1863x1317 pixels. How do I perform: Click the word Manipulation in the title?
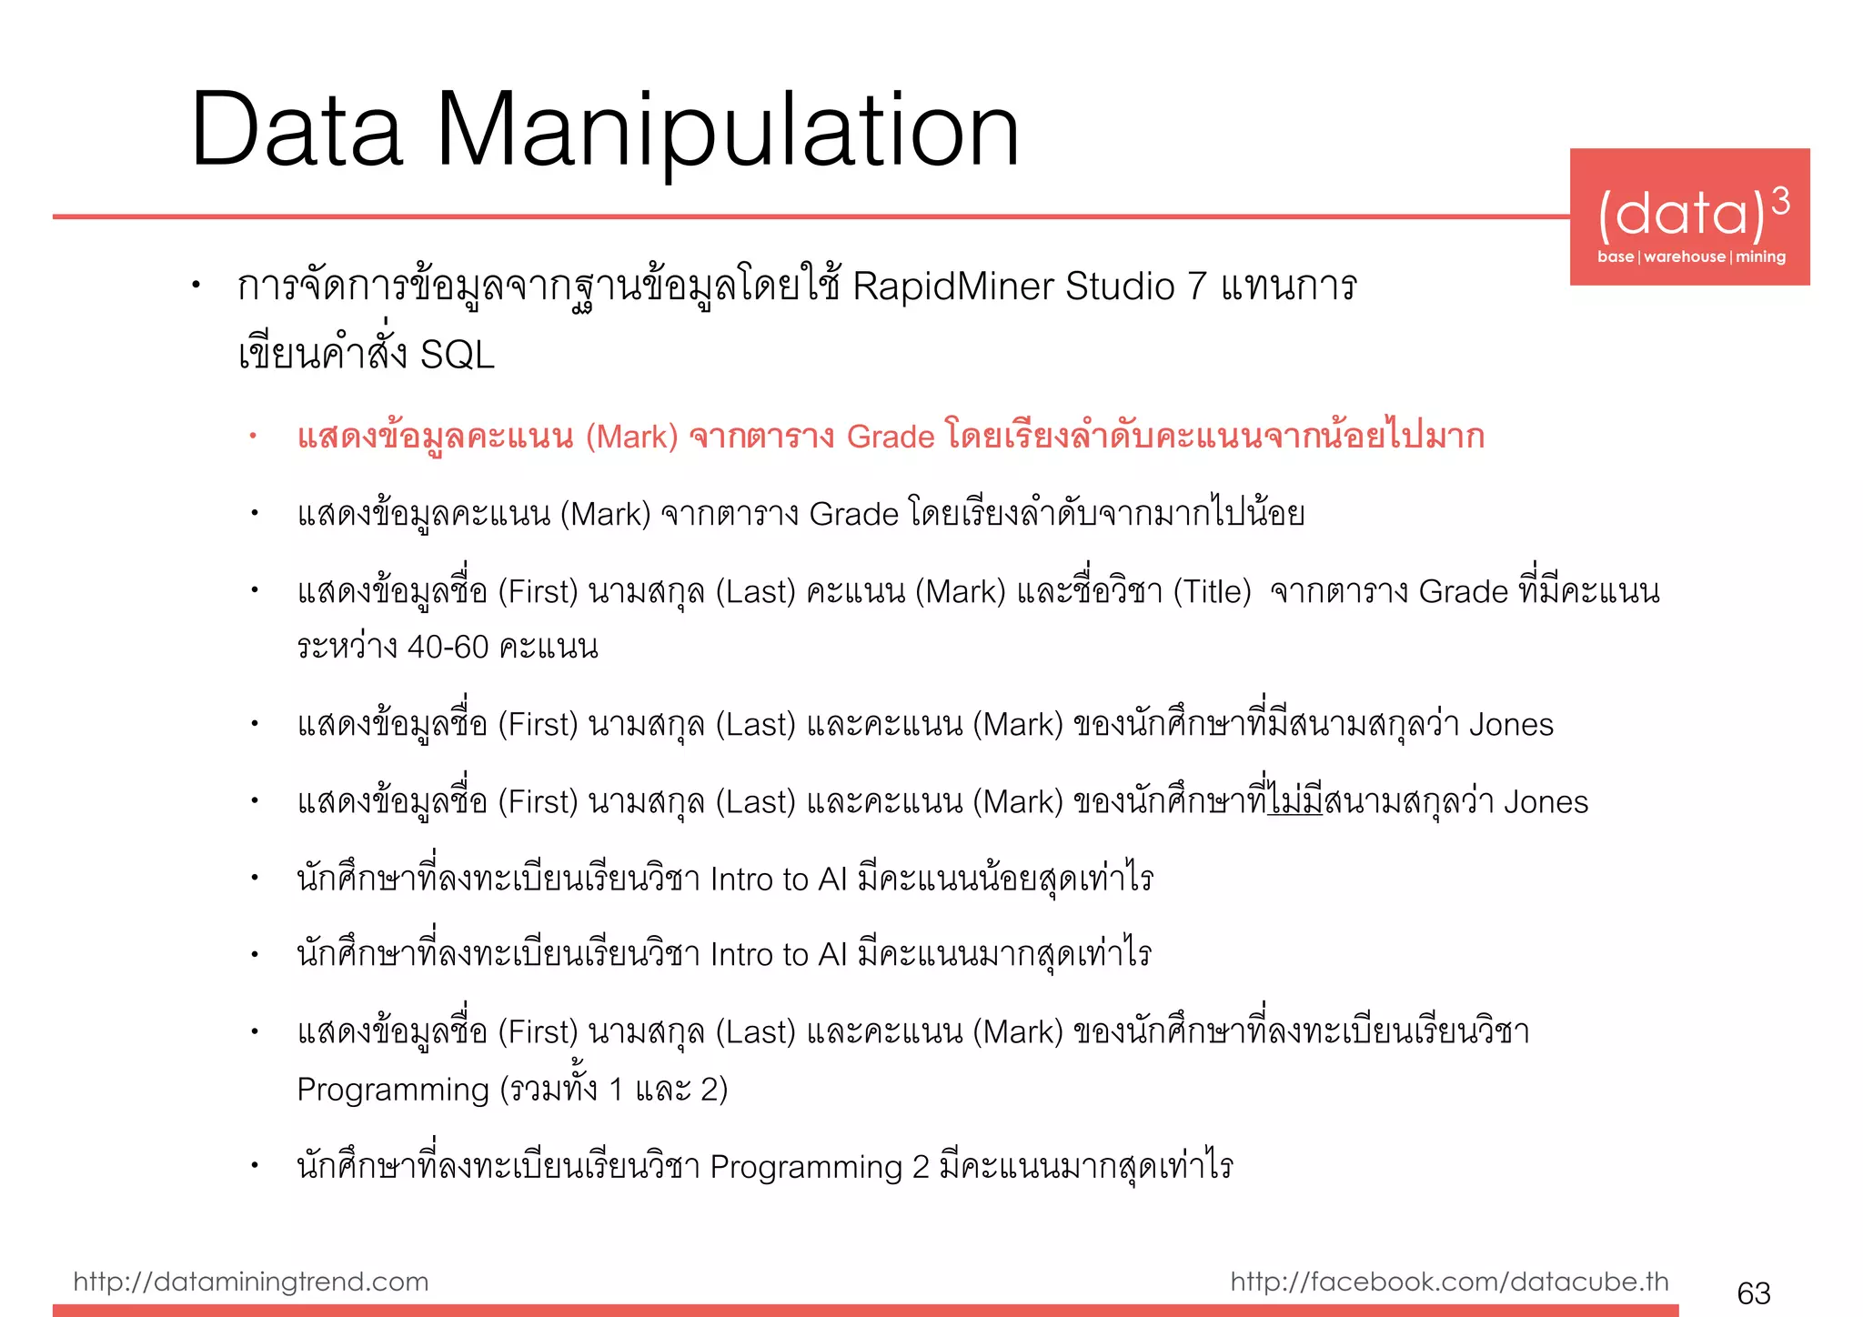(728, 132)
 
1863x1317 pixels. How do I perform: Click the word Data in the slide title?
(297, 132)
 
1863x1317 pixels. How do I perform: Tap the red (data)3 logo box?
(1689, 216)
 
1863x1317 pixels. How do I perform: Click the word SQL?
(458, 355)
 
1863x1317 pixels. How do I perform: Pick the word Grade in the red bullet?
(890, 437)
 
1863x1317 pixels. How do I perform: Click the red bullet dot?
(254, 437)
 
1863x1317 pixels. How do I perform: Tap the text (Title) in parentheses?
(1212, 592)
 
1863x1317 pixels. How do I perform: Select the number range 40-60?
(448, 648)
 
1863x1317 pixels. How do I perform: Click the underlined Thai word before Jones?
(1295, 802)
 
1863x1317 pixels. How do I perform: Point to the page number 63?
(1753, 1292)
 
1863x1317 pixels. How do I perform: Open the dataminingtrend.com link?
(250, 1282)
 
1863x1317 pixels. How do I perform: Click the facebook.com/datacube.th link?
(1449, 1282)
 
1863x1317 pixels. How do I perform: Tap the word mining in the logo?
(1760, 256)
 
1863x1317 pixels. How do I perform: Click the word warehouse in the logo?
(1685, 256)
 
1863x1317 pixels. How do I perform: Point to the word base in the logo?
(1616, 256)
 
